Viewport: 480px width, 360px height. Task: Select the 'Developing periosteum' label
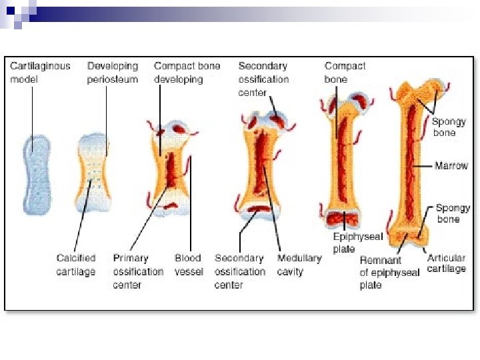113,73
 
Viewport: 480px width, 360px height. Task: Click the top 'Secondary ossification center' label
263,79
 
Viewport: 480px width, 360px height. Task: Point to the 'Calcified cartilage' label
76,265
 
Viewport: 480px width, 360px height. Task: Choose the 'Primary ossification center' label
138,271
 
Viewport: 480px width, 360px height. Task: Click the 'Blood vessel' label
189,265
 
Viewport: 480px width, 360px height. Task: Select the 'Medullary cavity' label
299,265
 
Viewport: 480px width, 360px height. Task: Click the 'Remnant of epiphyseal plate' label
389,272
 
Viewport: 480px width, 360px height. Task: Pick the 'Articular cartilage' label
446,263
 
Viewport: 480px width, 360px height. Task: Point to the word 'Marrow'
451,165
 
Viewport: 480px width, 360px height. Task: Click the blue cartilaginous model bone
38,173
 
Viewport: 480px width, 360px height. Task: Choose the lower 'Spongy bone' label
453,213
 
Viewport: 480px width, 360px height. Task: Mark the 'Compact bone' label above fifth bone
345,73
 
